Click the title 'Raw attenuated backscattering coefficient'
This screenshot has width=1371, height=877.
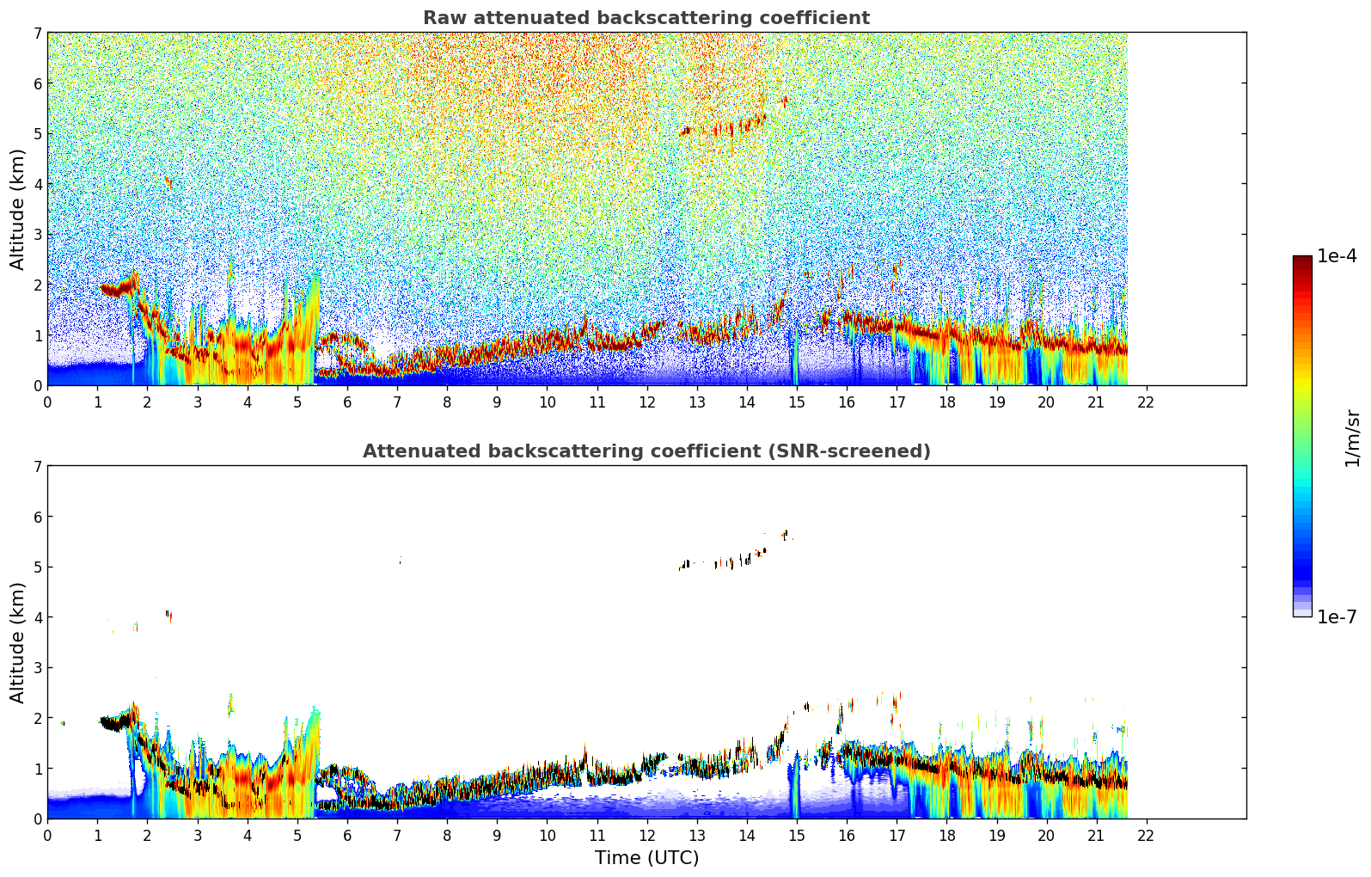pos(646,18)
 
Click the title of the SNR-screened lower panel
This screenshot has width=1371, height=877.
pos(646,451)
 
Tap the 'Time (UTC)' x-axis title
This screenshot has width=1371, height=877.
pos(646,858)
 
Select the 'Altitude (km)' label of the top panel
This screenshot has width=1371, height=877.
pos(17,209)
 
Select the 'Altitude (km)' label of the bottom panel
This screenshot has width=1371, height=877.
pos(17,642)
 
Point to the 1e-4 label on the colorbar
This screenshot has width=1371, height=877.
pos(1337,256)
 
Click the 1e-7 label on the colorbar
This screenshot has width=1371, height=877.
pos(1337,616)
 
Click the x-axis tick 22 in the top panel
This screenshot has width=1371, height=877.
pos(1146,402)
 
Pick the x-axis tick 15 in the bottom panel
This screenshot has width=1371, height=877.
pos(796,835)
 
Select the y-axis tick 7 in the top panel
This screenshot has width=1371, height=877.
pos(38,34)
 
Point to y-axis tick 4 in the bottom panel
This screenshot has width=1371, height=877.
pos(38,617)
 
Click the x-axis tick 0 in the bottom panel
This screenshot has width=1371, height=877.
pos(47,835)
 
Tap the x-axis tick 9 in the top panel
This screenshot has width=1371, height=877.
pos(497,402)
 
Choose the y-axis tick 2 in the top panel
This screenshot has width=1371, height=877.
pos(38,285)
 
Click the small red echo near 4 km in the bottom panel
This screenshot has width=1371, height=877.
pos(168,615)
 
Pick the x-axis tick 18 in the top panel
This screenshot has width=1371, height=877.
pos(946,402)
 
